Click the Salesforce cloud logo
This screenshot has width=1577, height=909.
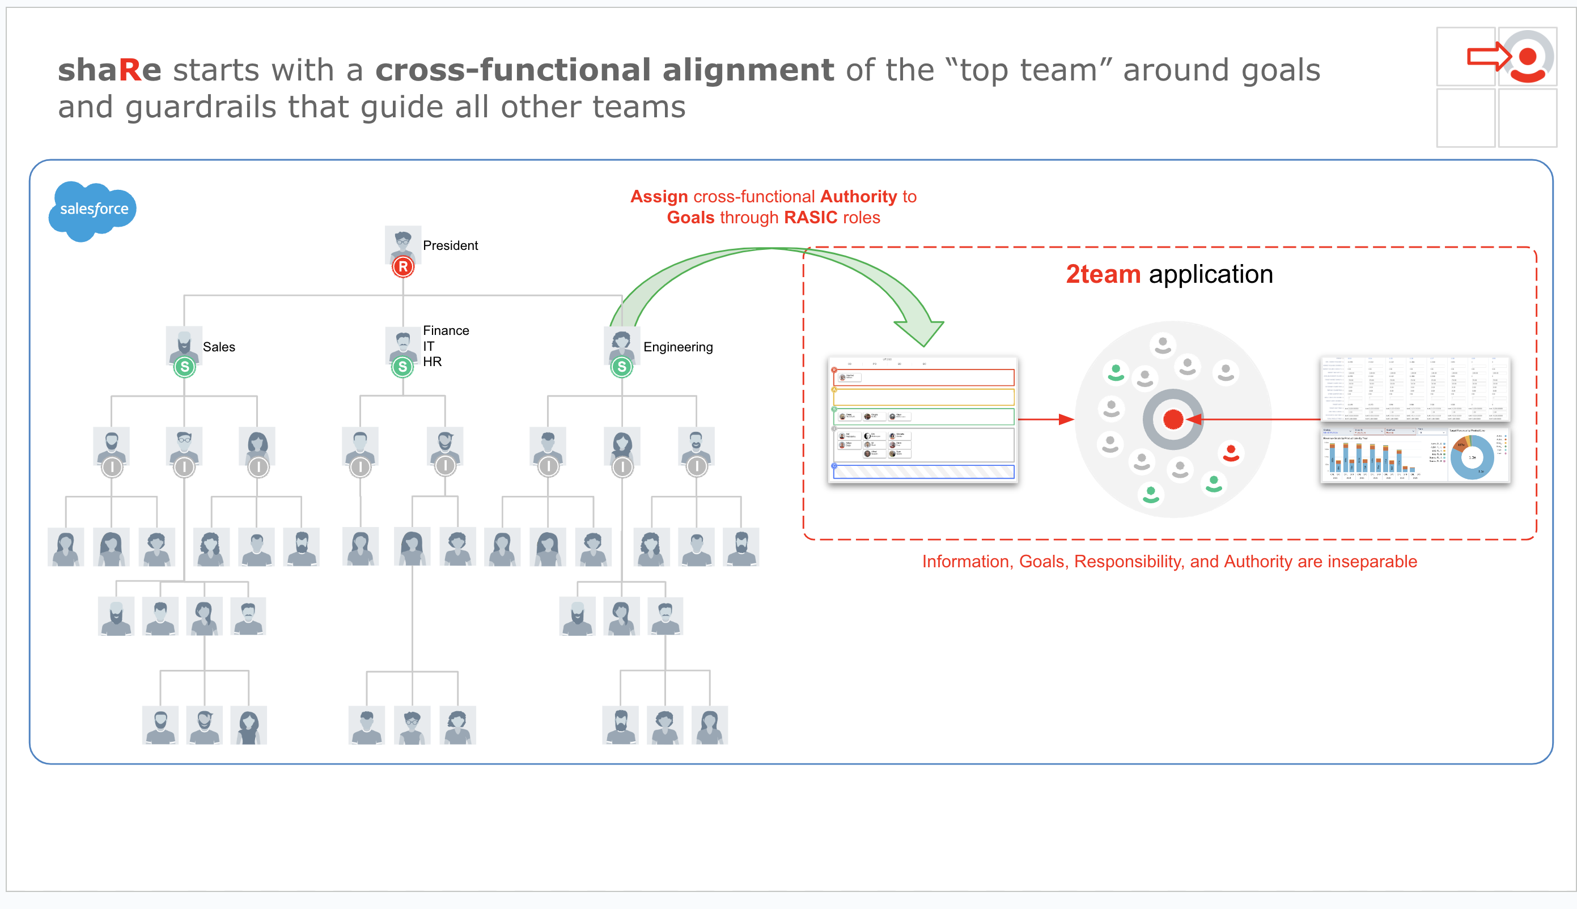pos(93,210)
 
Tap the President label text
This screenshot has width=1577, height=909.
pos(450,245)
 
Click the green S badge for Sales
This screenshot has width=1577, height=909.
pos(184,367)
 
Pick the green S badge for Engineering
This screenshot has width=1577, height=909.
pos(621,367)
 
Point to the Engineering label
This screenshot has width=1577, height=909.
pos(677,347)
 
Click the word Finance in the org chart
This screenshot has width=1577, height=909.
pos(446,330)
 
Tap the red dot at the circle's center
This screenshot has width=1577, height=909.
pos(1172,419)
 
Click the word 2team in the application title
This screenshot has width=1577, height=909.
pos(1103,275)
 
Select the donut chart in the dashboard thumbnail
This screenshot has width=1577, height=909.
pos(1472,458)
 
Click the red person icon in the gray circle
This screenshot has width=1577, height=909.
pos(1231,453)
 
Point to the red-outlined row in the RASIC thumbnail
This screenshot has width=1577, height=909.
pos(924,377)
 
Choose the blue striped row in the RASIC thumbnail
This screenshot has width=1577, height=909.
pos(924,472)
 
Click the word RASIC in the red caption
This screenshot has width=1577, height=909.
pos(811,218)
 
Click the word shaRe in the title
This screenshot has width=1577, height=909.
pos(110,70)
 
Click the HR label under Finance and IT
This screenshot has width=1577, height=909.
pos(432,362)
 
